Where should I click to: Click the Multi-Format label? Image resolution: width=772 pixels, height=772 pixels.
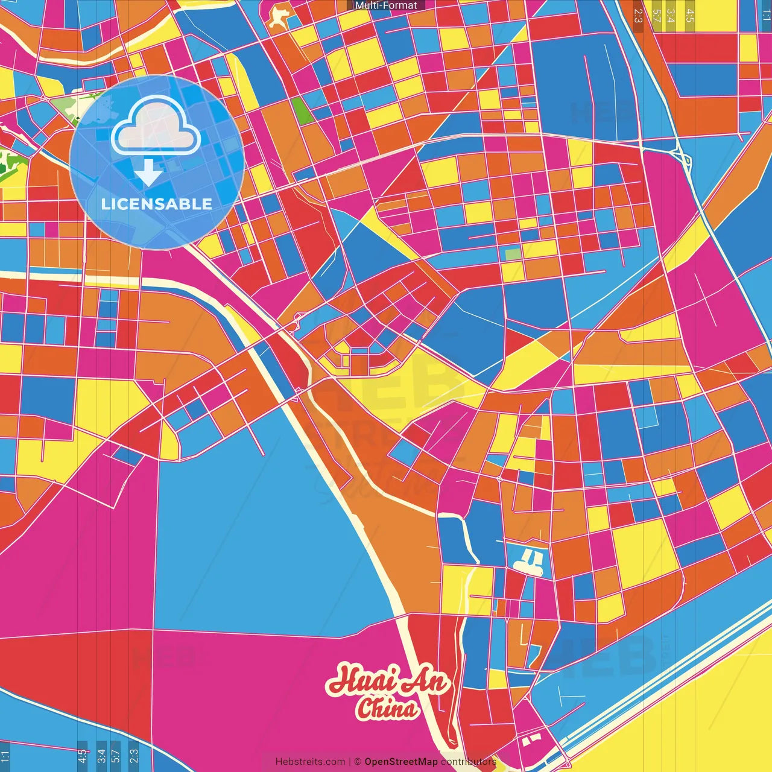386,5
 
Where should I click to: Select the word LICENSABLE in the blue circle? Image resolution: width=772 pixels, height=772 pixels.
157,204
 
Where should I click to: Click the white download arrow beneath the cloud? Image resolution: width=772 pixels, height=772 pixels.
148,174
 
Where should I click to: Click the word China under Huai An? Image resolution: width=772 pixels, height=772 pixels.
387,708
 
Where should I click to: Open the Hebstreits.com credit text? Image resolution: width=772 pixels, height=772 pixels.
310,761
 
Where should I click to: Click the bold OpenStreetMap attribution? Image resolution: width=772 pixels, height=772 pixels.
401,761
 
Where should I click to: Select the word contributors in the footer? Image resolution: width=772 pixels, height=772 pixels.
469,761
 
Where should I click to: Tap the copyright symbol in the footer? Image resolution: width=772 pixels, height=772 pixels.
358,761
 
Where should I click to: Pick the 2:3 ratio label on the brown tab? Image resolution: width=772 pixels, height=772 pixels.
638,15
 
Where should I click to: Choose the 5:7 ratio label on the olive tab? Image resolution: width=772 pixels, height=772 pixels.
656,15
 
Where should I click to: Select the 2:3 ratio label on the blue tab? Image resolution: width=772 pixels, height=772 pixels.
134,756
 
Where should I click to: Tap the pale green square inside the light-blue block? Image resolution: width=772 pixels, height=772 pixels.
512,254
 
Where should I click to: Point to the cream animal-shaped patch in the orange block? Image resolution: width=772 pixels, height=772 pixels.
279,16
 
